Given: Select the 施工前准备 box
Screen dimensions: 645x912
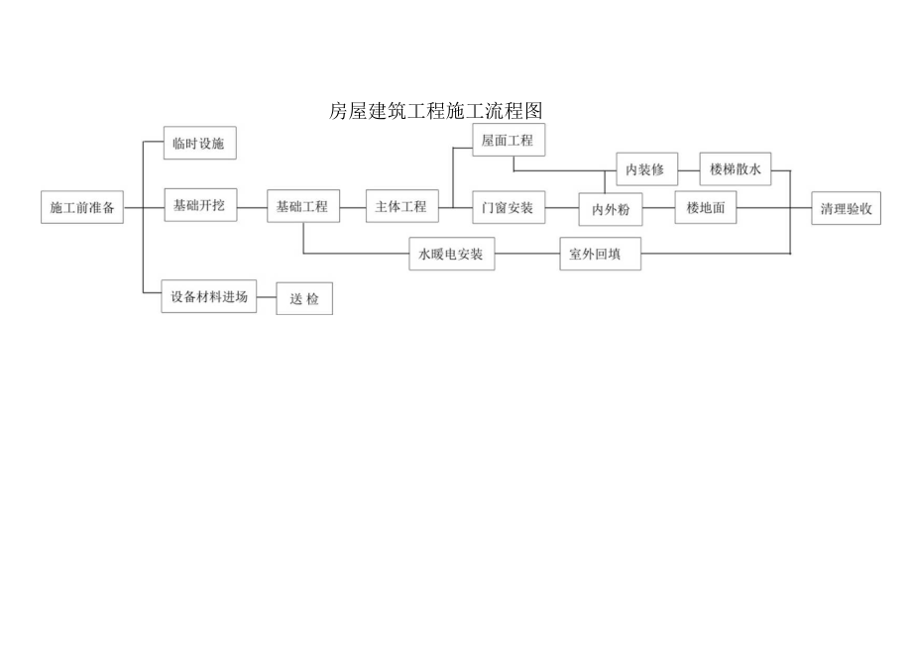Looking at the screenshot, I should pyautogui.click(x=82, y=208).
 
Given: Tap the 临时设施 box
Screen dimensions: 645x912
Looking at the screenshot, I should pyautogui.click(x=198, y=144).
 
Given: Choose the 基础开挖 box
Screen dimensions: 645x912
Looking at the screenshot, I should pyautogui.click(x=199, y=206).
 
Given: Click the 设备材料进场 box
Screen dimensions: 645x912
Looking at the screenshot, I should pyautogui.click(x=208, y=296).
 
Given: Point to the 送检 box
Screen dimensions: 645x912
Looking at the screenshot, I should pyautogui.click(x=304, y=299).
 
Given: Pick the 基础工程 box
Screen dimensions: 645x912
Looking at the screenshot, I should pyautogui.click(x=302, y=207).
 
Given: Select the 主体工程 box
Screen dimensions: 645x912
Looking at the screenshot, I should pyautogui.click(x=401, y=207).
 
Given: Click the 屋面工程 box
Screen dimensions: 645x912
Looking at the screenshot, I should pyautogui.click(x=508, y=141).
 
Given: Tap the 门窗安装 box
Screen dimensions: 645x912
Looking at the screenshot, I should pyautogui.click(x=508, y=207).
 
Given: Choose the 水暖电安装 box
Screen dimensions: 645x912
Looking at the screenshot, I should pyautogui.click(x=451, y=255).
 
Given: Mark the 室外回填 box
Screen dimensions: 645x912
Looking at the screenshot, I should pyautogui.click(x=600, y=255).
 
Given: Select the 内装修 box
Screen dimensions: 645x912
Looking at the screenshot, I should pyautogui.click(x=645, y=169).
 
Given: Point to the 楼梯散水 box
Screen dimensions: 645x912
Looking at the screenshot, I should pyautogui.click(x=735, y=169).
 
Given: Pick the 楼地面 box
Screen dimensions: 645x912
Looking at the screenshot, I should pyautogui.click(x=706, y=208).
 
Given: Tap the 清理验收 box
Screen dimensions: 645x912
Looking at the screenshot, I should pyautogui.click(x=846, y=209).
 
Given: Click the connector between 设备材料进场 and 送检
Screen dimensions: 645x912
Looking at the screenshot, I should pyautogui.click(x=266, y=296).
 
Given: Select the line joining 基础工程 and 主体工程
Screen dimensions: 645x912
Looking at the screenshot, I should pyautogui.click(x=352, y=207).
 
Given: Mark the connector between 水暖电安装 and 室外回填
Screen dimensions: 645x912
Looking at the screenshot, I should pyautogui.click(x=526, y=255).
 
